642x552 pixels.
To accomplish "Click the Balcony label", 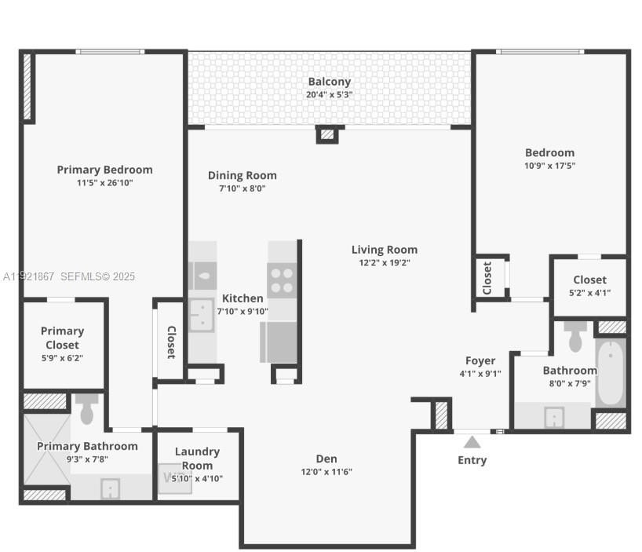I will click(x=329, y=82).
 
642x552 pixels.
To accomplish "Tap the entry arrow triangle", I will click(x=472, y=442).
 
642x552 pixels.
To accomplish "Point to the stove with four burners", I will click(x=283, y=280).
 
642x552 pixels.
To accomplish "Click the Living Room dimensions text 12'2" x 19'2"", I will click(x=384, y=263).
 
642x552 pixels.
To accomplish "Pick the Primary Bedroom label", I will click(x=104, y=170).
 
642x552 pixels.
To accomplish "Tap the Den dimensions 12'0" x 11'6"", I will click(x=326, y=472).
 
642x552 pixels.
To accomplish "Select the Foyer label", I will click(x=480, y=360).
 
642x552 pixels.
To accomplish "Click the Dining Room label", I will click(x=242, y=175).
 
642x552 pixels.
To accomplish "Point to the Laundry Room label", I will click(x=197, y=459).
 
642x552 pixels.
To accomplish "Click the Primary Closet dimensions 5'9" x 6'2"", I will click(x=61, y=358).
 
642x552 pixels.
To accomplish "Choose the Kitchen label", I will click(x=243, y=298).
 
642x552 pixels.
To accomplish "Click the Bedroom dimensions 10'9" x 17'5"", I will click(x=549, y=166).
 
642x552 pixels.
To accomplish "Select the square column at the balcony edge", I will click(x=327, y=134).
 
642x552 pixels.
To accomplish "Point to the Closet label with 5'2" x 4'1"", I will click(x=589, y=280).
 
